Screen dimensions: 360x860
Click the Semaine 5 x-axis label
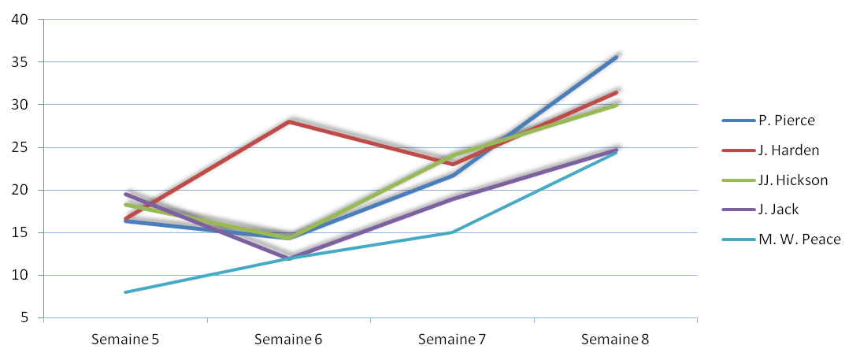(x=125, y=340)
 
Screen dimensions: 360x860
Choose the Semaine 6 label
(x=288, y=340)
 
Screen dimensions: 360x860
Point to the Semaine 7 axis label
(x=452, y=340)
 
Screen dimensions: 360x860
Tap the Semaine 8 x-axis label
(x=615, y=340)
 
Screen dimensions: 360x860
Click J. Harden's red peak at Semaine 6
(x=289, y=121)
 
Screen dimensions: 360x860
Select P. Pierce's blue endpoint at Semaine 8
(x=616, y=57)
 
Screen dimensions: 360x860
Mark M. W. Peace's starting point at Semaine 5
(x=125, y=292)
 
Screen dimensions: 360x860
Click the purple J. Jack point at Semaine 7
(x=453, y=199)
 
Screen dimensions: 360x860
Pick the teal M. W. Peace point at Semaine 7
(x=453, y=232)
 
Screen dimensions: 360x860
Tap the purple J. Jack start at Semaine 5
(x=125, y=194)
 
